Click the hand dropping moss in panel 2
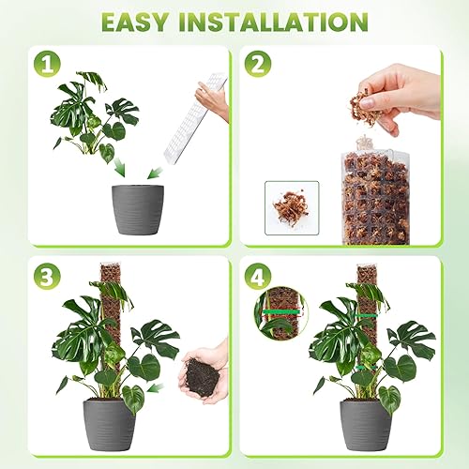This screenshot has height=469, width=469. [x=407, y=90]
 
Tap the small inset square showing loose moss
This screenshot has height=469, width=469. [x=292, y=207]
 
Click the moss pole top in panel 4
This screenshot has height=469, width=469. [x=367, y=275]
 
